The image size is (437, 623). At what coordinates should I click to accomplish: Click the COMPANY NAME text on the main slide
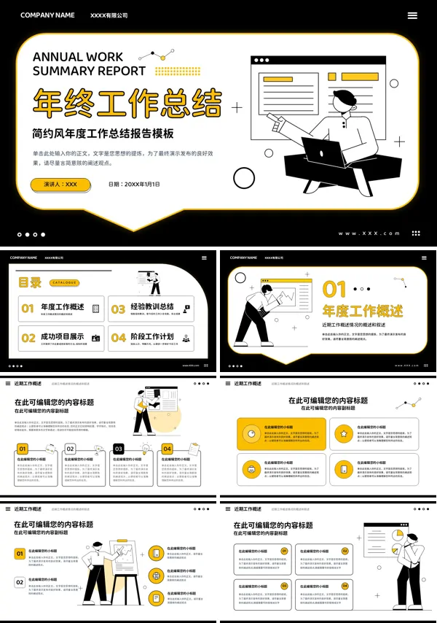pos(47,15)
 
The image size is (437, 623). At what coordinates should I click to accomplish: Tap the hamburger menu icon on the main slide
pos(412,15)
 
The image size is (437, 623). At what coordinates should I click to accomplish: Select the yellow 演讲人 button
pos(60,185)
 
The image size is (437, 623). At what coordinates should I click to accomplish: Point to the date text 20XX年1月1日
pos(134,185)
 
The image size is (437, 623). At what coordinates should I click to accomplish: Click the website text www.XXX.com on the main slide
pos(369,233)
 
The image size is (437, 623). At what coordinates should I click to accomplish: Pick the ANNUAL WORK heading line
pos(78,57)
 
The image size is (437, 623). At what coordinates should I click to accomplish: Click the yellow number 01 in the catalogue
pos(28,309)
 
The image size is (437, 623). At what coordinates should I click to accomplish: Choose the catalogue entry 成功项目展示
pos(62,337)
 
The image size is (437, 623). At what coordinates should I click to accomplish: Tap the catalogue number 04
pos(118,338)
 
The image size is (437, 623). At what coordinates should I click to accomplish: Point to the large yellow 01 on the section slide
pos(335,290)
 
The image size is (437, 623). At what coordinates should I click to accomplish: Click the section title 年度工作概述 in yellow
pos(363,311)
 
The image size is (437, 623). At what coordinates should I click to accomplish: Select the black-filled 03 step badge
pos(119,449)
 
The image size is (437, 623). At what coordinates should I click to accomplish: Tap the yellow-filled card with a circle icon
pos(281,434)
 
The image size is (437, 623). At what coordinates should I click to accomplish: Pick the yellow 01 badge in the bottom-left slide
pos(20,554)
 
